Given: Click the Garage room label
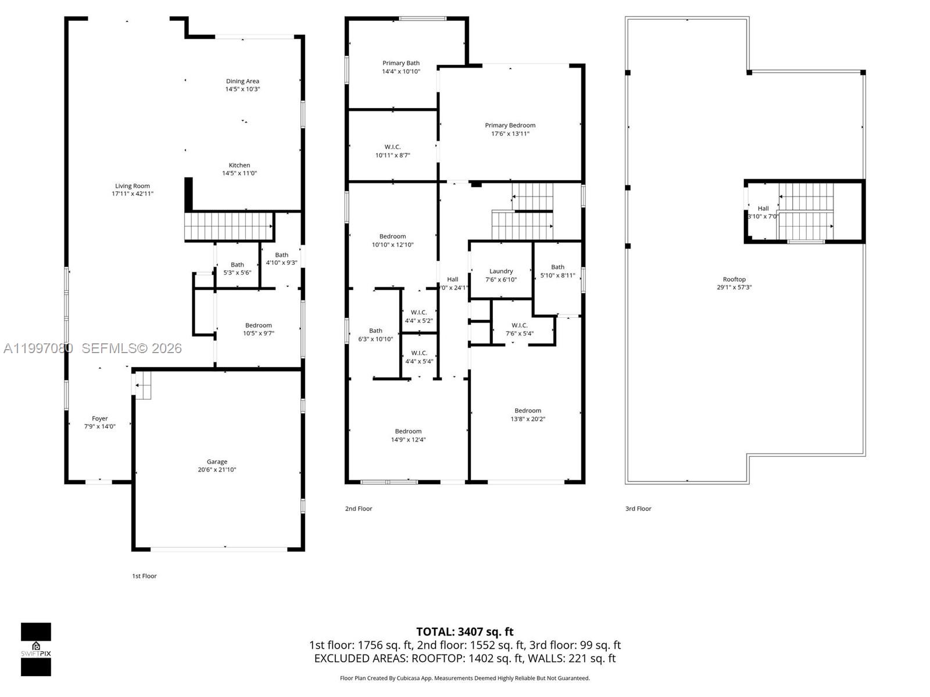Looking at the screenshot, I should click(217, 462).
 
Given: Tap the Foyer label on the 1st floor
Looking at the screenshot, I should click(100, 418).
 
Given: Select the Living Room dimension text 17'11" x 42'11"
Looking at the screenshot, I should click(133, 194).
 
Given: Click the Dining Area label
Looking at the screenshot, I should click(242, 81).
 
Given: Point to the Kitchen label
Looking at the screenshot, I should click(239, 166).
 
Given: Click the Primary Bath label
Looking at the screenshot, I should click(400, 63).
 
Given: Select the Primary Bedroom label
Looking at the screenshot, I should click(510, 125).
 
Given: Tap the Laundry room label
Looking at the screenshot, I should click(501, 271).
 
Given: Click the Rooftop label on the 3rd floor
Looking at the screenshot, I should click(734, 279).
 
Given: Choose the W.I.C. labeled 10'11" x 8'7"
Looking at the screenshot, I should click(392, 151).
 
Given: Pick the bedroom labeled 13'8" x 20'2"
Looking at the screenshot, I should click(527, 415).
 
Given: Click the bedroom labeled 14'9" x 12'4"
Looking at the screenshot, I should click(408, 435).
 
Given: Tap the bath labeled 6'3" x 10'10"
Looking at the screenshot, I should click(375, 335).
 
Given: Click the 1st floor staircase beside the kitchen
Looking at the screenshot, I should click(228, 227).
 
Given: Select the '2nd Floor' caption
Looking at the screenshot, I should click(359, 509).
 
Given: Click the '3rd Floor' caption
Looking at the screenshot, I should click(638, 509).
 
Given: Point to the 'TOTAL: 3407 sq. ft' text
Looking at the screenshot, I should click(464, 632).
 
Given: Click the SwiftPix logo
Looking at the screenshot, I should click(36, 649).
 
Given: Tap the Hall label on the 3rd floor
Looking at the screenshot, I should click(763, 209).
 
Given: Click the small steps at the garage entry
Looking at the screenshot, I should click(143, 385).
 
